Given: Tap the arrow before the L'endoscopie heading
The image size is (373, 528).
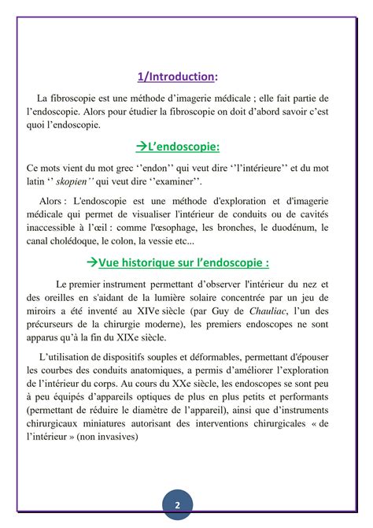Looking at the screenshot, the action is pyautogui.click(x=141, y=147).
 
